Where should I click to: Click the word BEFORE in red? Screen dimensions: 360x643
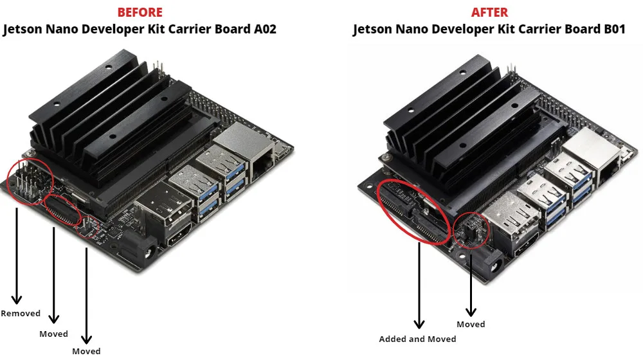pos(140,12)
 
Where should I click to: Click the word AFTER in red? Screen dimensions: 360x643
pos(489,12)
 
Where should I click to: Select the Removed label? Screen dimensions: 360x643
pos(21,314)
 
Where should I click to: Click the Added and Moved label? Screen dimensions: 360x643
pos(417,339)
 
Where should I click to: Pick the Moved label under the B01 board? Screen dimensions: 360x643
pos(471,324)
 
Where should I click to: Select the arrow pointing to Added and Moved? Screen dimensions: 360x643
pos(419,283)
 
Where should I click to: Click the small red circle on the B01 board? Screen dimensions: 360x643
pos(471,230)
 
